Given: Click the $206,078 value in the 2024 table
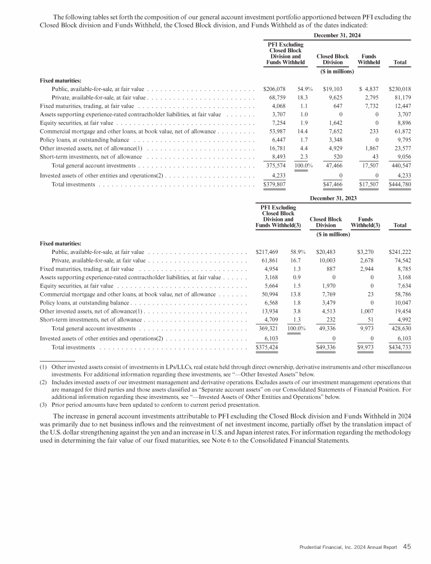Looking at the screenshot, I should (x=274, y=89).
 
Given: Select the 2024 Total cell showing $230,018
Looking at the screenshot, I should (x=400, y=89).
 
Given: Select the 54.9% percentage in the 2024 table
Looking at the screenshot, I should (x=305, y=89).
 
